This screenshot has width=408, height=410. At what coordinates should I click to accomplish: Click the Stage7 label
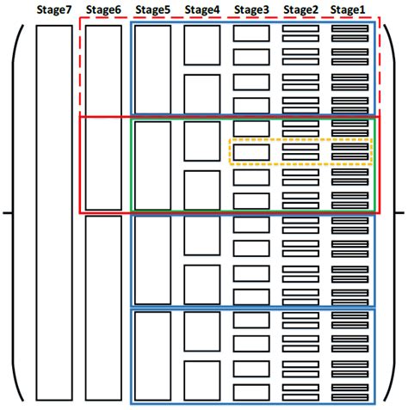click(x=54, y=9)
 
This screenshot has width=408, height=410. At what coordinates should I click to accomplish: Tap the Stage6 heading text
click(x=103, y=9)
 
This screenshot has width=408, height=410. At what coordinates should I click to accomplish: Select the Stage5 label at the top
click(x=152, y=9)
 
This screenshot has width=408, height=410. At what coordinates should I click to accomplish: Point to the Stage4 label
click(x=202, y=9)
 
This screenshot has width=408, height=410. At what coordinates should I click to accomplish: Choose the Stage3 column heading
click(x=251, y=9)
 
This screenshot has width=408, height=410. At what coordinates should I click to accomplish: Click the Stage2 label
click(x=300, y=9)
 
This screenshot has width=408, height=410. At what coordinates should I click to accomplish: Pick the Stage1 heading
click(x=349, y=9)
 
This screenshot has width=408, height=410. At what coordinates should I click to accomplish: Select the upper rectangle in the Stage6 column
click(x=103, y=117)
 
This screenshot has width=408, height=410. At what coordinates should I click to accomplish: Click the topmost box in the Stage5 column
click(x=153, y=69)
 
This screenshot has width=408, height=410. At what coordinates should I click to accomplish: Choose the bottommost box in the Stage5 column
click(x=153, y=354)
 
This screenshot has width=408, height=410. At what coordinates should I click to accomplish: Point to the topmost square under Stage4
click(x=202, y=46)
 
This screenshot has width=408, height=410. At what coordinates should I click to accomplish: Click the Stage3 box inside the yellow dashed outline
click(x=251, y=152)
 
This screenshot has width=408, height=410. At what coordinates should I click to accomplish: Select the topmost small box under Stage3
click(x=251, y=34)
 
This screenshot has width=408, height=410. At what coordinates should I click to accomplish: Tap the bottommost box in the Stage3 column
click(x=251, y=390)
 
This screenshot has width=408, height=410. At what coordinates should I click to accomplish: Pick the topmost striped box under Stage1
click(x=350, y=34)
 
